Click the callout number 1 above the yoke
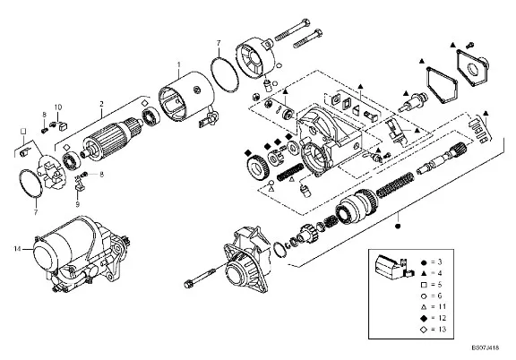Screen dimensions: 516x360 coord(179,64)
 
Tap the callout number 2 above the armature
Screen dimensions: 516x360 coord(102,104)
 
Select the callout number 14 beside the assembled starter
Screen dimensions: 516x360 coord(17,249)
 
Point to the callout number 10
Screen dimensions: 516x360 coord(58,107)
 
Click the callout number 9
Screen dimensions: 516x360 coord(77,204)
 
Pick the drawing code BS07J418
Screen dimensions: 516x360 coord(486,347)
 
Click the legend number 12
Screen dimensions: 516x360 coord(442,318)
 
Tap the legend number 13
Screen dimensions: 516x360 coord(442,329)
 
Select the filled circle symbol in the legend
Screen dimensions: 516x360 coord(424,262)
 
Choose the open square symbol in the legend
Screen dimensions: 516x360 coord(424,285)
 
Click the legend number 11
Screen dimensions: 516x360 coord(442,306)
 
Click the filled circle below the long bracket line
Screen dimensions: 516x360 coord(398,227)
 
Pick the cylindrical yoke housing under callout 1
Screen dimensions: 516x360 coord(186,97)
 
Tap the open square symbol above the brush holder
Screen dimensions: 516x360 coord(23,132)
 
